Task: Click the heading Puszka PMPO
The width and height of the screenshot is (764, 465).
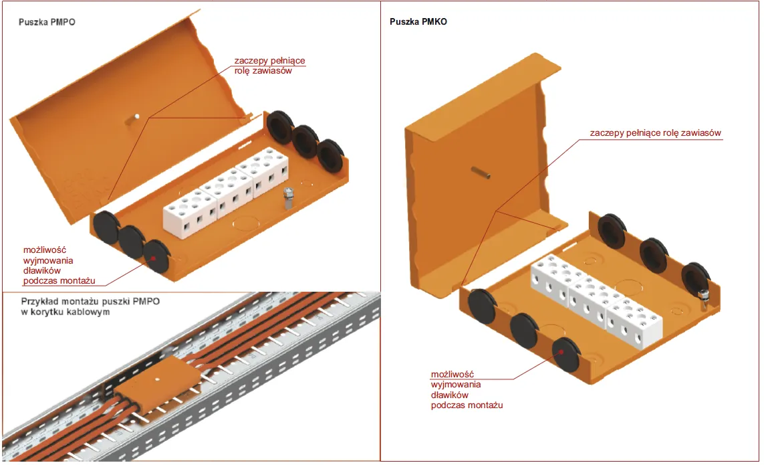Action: pos(46,22)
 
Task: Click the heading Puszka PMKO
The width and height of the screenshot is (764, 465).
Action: pos(418,22)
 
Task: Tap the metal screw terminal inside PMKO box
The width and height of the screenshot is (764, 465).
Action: pos(703,298)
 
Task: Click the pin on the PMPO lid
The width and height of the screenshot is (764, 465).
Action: pos(134,118)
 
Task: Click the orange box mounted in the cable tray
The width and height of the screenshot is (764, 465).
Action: pos(156,384)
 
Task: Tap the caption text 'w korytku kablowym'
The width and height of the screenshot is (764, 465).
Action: pos(65,312)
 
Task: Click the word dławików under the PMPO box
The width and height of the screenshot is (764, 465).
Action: pos(42,270)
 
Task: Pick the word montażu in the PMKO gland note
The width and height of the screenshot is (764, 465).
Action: pos(489,405)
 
